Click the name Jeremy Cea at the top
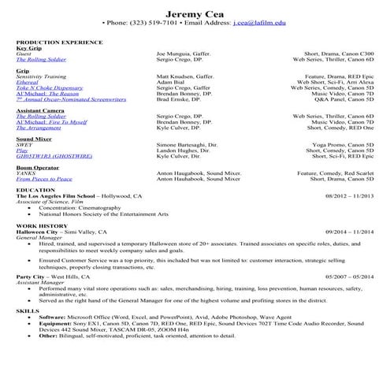click(195, 13)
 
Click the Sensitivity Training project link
click(41, 76)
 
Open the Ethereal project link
click(27, 82)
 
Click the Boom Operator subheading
click(36, 168)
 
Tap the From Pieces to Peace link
click(44, 179)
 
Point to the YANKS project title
click(24, 173)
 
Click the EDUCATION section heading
click(35, 190)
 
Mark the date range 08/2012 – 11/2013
click(347, 196)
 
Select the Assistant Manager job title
click(42, 283)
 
